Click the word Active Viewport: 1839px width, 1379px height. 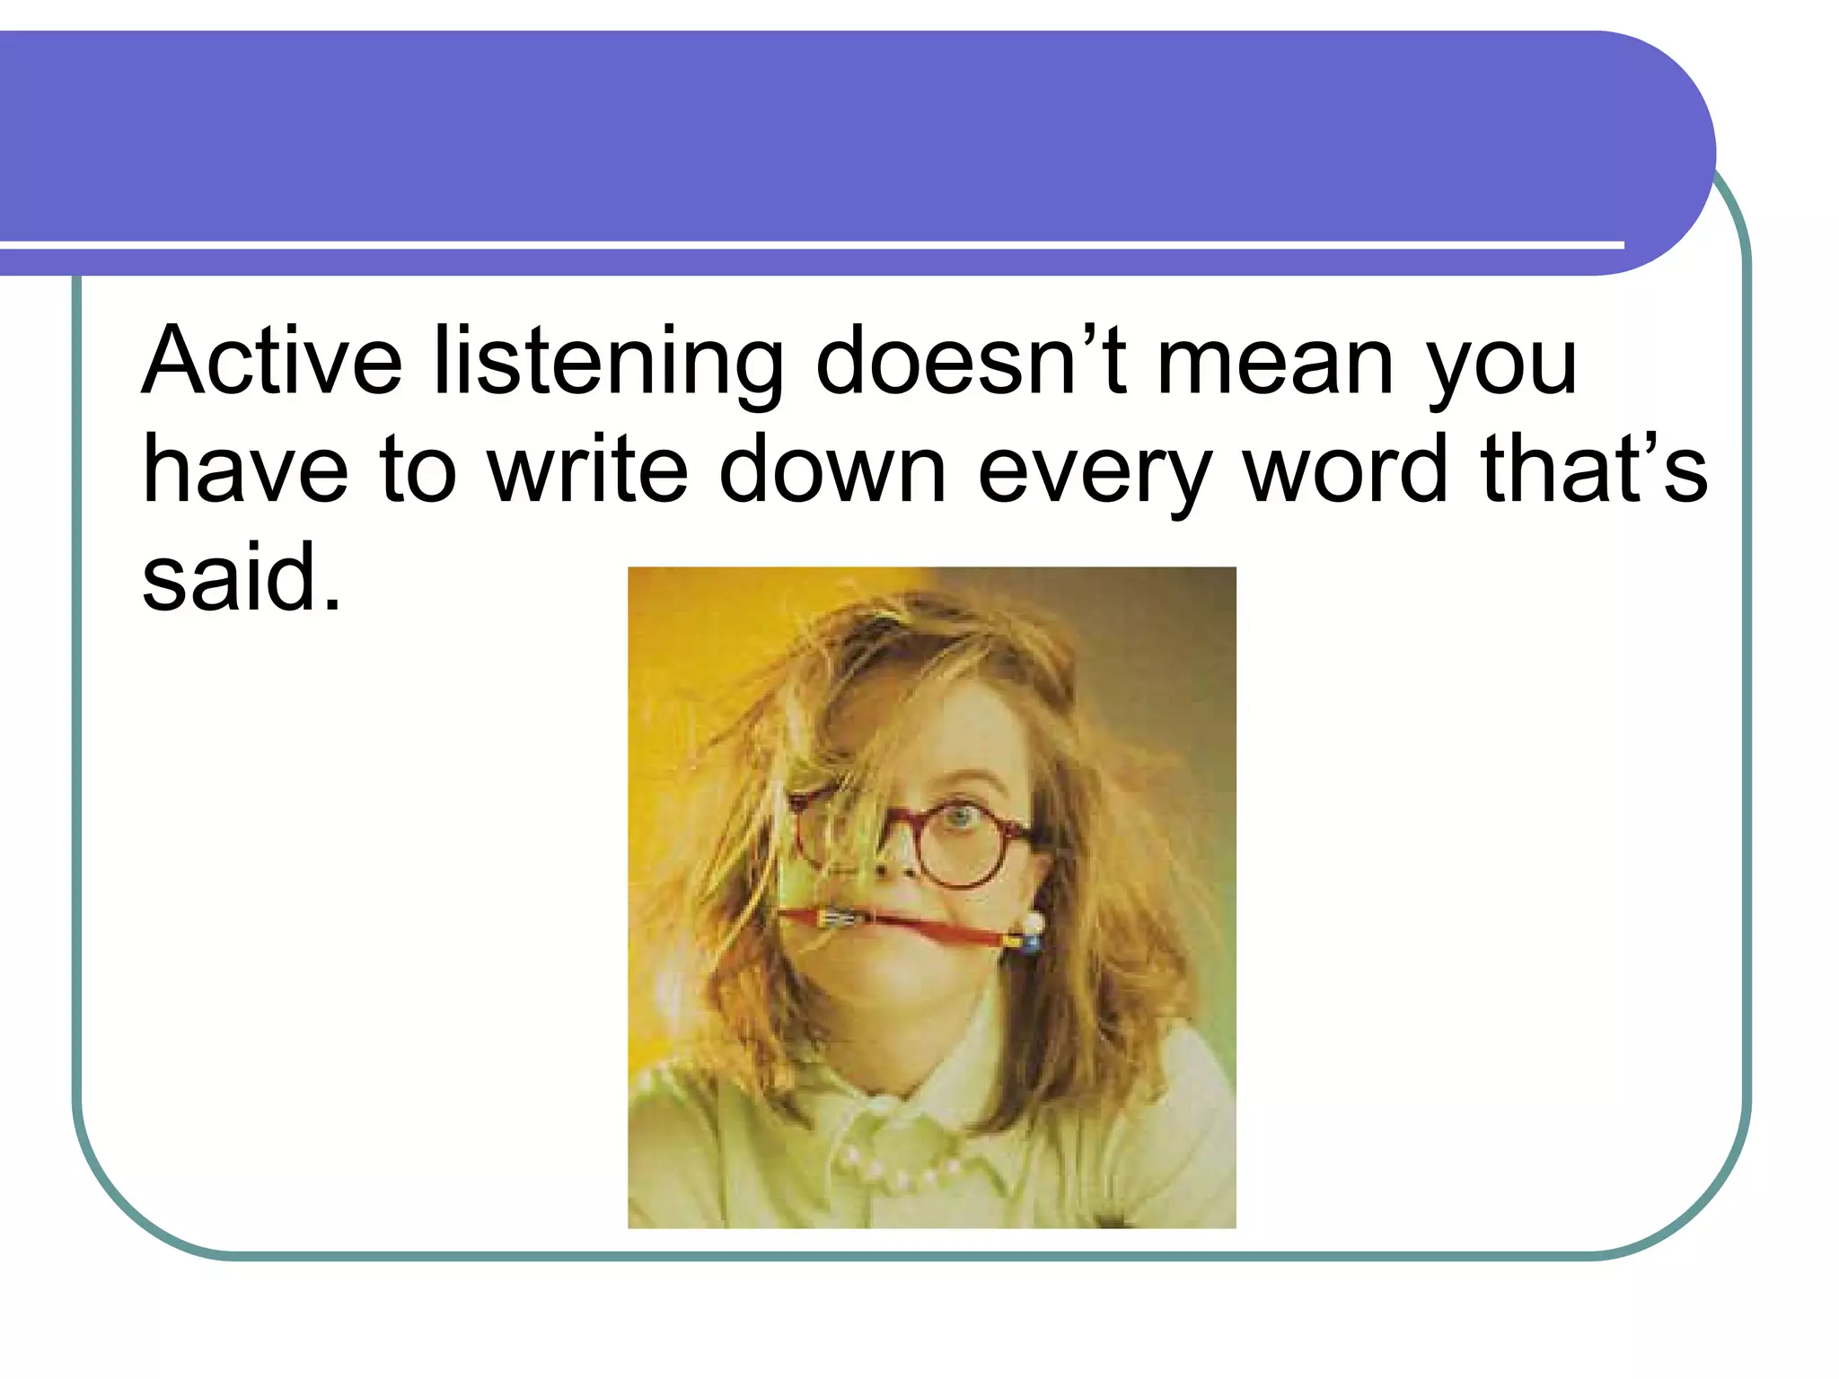[x=272, y=362]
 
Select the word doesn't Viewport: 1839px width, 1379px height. [x=970, y=362]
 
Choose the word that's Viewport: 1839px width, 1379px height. [x=1594, y=470]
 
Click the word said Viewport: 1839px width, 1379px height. [x=241, y=579]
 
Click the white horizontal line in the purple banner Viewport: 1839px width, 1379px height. [x=808, y=244]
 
